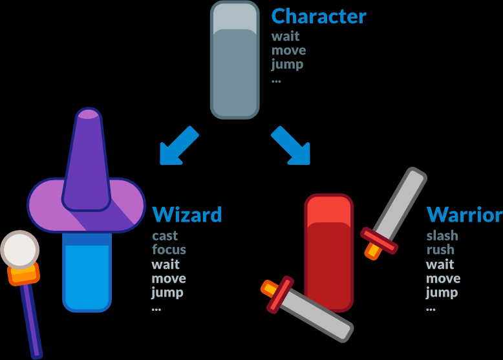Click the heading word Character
319,16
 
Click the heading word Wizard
187,215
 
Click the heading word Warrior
464,215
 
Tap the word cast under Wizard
165,236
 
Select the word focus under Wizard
169,249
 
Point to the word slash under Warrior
442,236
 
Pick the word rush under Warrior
440,249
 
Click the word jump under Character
287,64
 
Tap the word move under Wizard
169,279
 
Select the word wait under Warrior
440,264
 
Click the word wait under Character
285,36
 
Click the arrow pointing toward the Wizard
178,147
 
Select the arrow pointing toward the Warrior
292,146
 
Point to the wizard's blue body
87,271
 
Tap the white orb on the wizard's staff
19,248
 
